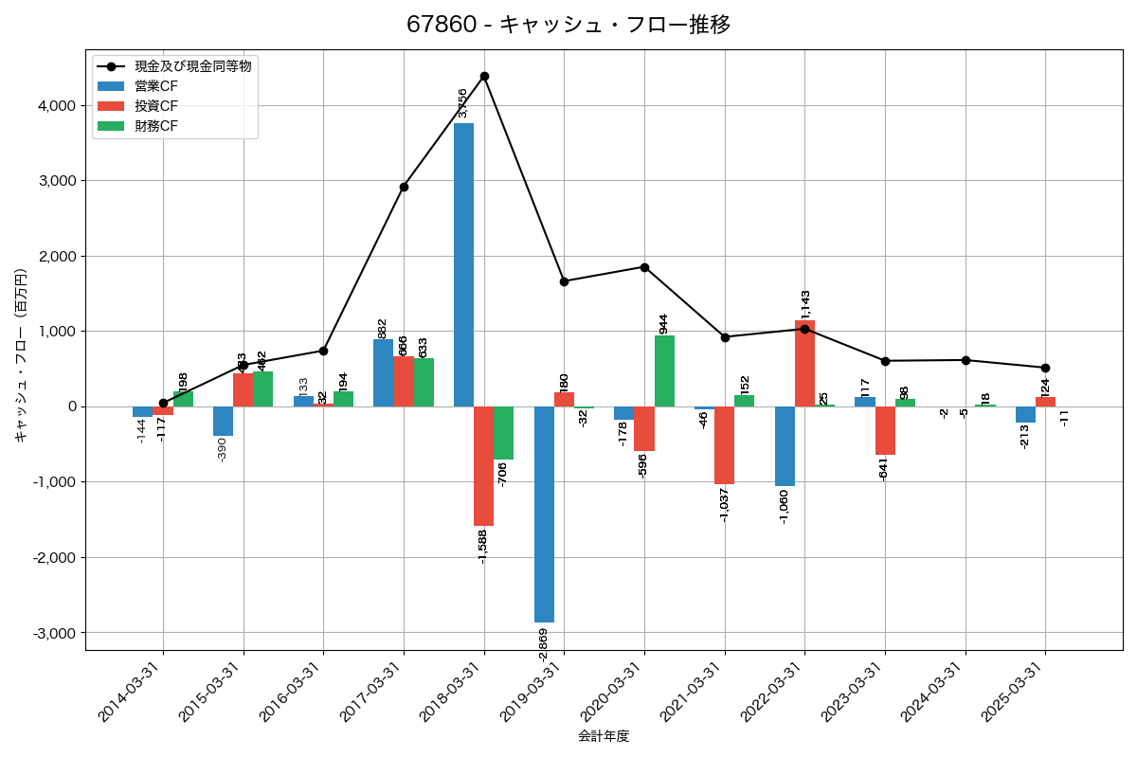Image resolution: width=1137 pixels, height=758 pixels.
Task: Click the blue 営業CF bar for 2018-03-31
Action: (463, 265)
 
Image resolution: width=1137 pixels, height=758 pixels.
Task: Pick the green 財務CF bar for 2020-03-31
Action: (664, 370)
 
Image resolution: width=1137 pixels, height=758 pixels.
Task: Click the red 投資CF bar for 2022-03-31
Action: (804, 364)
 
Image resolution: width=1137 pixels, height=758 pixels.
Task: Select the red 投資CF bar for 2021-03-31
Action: (725, 445)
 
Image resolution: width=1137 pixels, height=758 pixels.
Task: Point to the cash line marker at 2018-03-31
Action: (484, 76)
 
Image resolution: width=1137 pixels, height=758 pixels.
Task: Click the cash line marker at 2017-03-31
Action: (404, 187)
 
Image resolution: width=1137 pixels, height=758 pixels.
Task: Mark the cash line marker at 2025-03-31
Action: (1045, 368)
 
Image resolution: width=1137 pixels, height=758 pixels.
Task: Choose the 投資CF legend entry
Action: (156, 106)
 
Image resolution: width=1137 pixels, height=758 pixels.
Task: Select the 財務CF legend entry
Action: (156, 126)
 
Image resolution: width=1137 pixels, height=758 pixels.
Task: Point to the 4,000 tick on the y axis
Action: (56, 105)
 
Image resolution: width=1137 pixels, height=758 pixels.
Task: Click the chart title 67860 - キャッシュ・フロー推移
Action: (568, 25)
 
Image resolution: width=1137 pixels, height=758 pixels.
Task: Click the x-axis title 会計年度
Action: (604, 736)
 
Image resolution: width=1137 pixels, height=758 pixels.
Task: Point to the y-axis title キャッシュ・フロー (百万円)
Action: (21, 356)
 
